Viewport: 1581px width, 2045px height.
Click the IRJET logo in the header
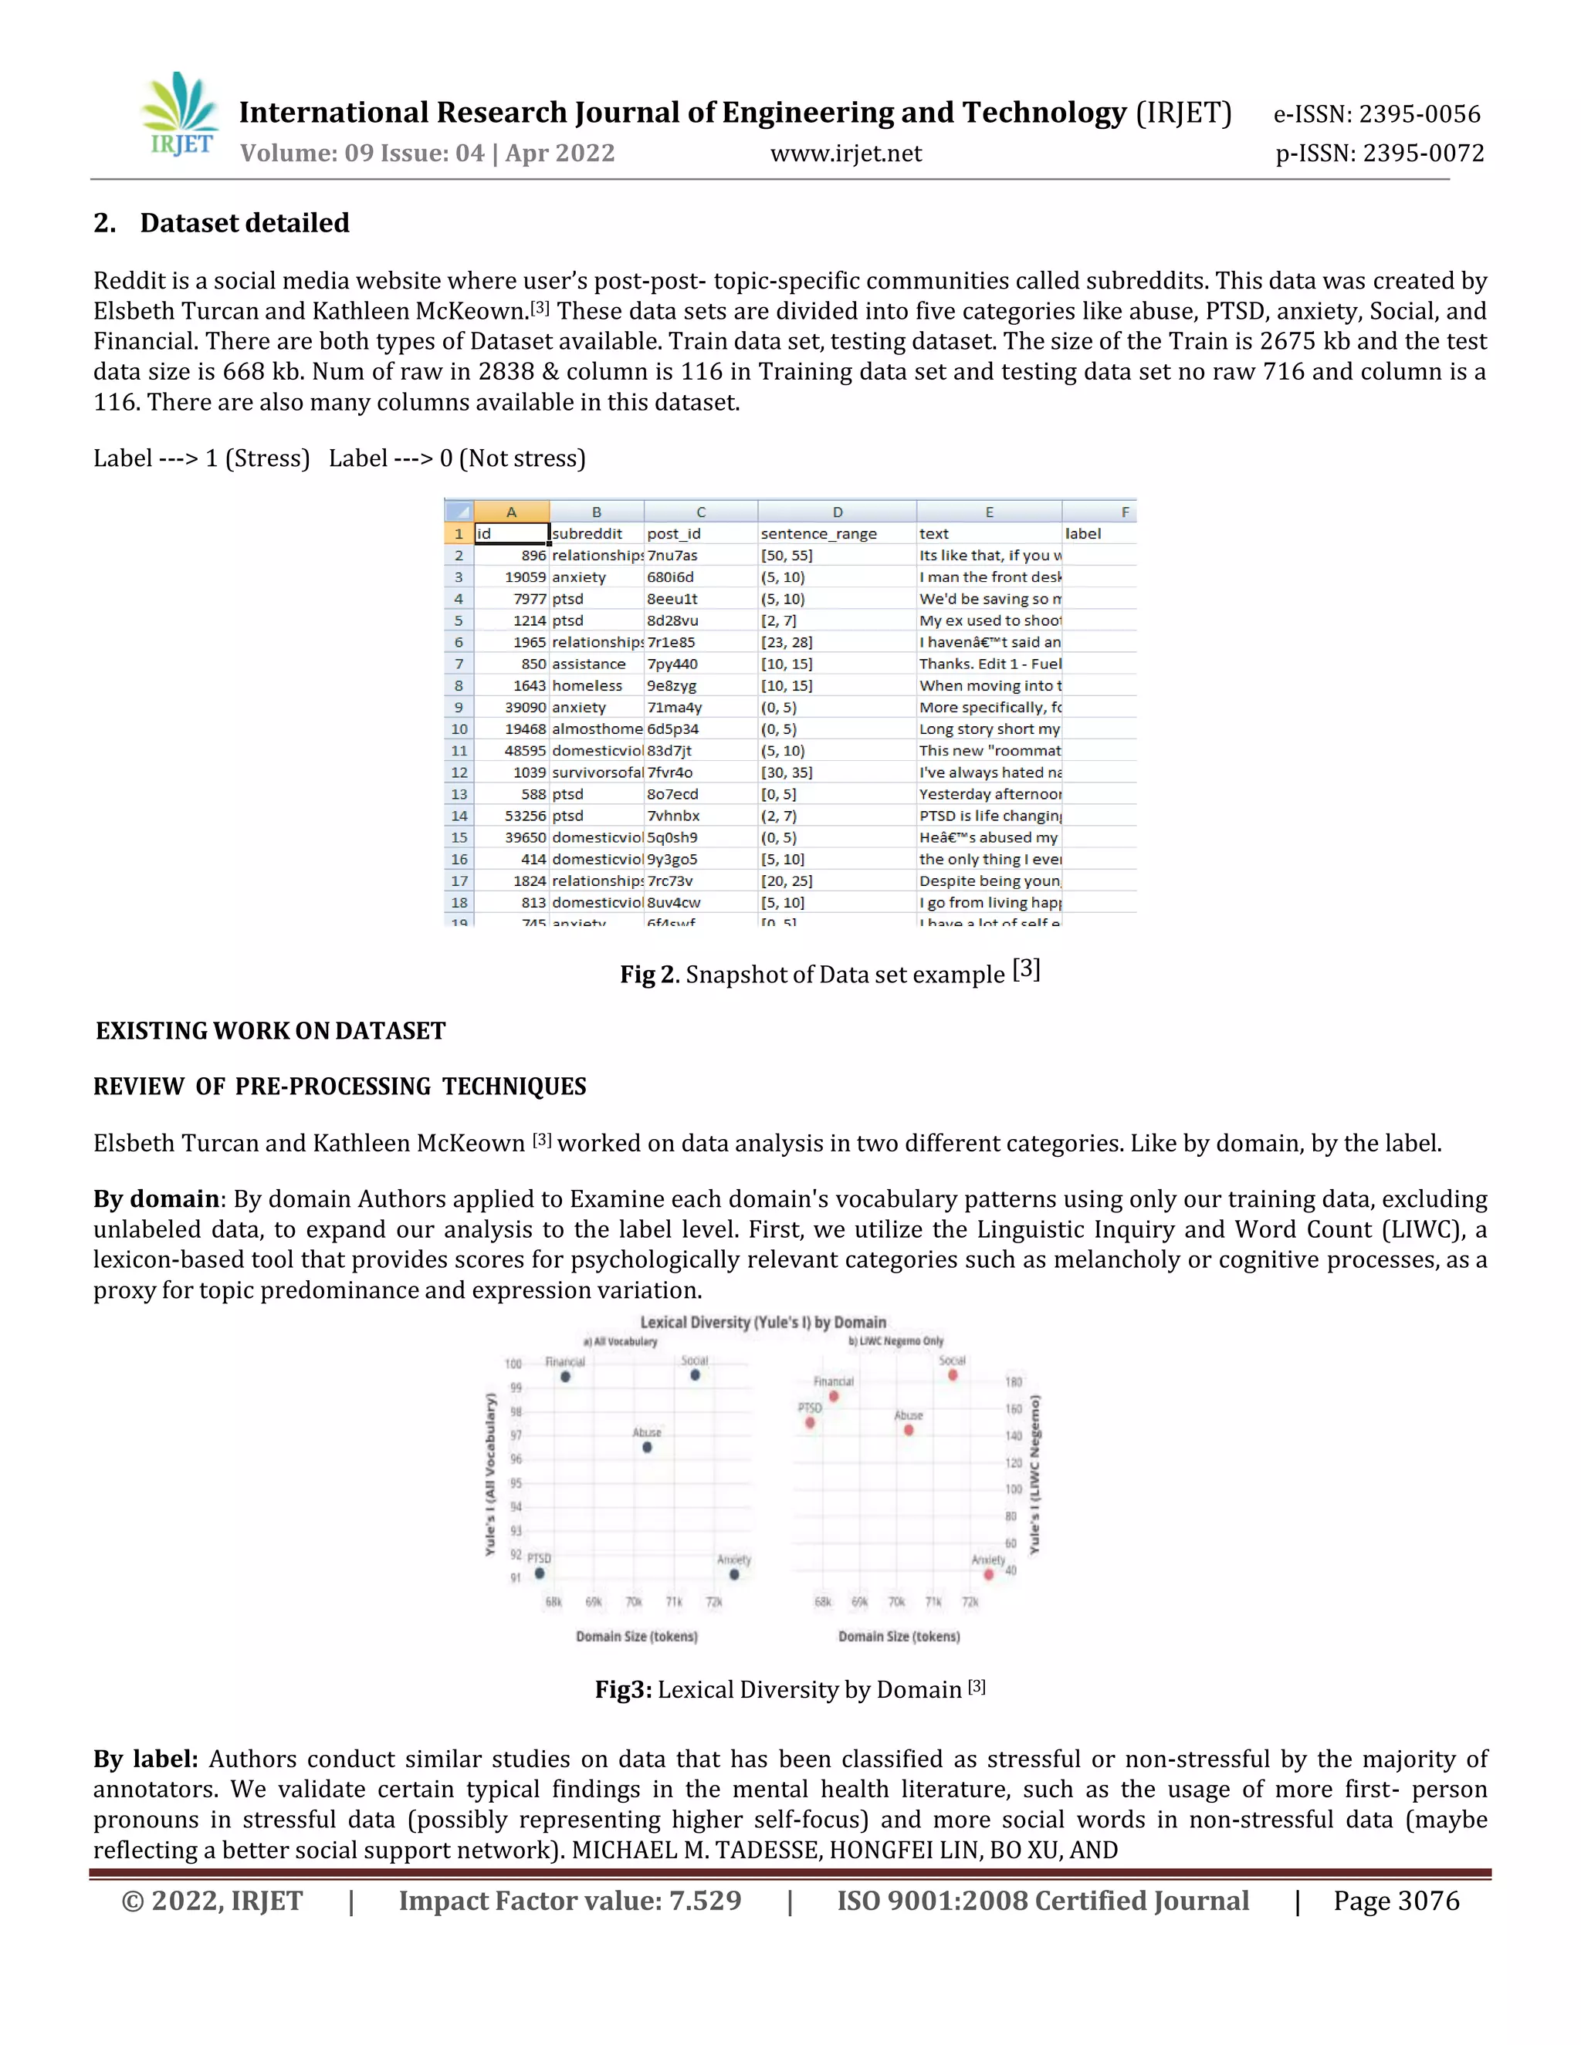pyautogui.click(x=180, y=114)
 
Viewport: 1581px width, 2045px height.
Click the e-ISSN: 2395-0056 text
pyautogui.click(x=1376, y=114)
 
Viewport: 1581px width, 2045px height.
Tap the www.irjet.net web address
pyautogui.click(x=846, y=154)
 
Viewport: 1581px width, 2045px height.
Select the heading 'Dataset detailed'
pyautogui.click(x=245, y=223)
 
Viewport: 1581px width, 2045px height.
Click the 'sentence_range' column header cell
pyautogui.click(x=818, y=534)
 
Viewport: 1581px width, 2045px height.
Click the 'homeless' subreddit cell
pyautogui.click(x=587, y=685)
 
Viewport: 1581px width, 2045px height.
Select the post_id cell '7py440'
pyautogui.click(x=672, y=664)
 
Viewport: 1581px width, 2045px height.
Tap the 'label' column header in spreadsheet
pyautogui.click(x=1083, y=534)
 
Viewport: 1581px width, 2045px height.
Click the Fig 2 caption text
pyautogui.click(x=830, y=974)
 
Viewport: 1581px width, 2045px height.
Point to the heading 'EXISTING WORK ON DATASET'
pyautogui.click(x=271, y=1031)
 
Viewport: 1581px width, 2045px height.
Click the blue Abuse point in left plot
pyautogui.click(x=647, y=1448)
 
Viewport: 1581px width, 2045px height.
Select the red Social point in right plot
pyautogui.click(x=953, y=1375)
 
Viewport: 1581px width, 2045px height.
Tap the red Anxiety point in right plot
pyautogui.click(x=989, y=1575)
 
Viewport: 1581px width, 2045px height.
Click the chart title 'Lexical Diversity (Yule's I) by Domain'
pyautogui.click(x=763, y=1322)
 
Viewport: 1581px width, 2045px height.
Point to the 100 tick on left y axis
pyautogui.click(x=513, y=1364)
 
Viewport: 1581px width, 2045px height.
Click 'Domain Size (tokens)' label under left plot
pyautogui.click(x=637, y=1636)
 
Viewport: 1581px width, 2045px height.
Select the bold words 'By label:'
pyautogui.click(x=145, y=1759)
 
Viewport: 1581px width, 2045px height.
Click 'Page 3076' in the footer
pyautogui.click(x=1396, y=1901)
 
